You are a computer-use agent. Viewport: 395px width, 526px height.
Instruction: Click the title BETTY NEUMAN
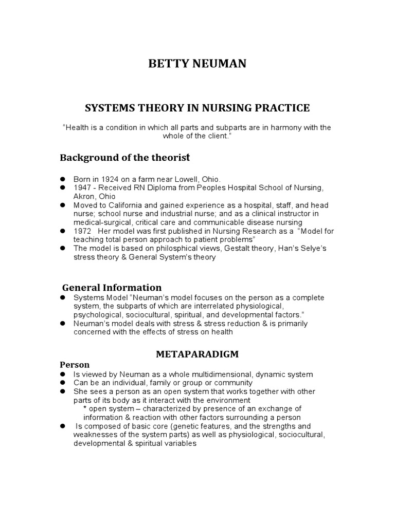(x=197, y=64)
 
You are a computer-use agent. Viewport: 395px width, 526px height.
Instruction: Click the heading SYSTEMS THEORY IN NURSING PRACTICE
(x=197, y=108)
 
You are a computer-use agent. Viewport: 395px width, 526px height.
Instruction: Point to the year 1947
(x=82, y=188)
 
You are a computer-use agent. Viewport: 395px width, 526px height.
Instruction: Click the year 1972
(x=82, y=231)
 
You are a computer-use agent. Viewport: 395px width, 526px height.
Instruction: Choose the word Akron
(x=83, y=196)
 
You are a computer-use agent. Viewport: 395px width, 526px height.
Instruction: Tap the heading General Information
(x=112, y=288)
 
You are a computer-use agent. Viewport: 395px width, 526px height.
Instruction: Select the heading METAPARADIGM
(x=197, y=355)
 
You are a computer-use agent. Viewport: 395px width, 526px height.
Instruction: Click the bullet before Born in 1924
(x=63, y=179)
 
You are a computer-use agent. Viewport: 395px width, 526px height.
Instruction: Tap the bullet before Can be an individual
(x=63, y=383)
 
